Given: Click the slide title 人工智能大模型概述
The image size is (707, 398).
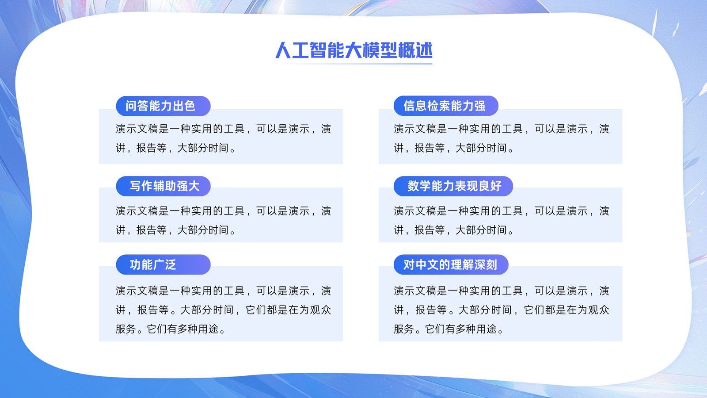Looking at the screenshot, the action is click(x=354, y=50).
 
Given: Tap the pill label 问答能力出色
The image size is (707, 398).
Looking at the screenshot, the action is click(x=163, y=106).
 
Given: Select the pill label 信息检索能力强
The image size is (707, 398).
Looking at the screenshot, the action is click(x=446, y=106).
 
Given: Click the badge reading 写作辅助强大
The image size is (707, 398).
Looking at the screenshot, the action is click(x=163, y=186).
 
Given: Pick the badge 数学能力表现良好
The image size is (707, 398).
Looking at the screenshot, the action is click(x=453, y=186).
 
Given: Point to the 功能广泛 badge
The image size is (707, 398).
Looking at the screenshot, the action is click(x=163, y=265).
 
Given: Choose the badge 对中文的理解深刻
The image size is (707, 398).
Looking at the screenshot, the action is click(x=451, y=265).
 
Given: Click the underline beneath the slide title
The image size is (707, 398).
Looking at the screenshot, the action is click(x=354, y=64).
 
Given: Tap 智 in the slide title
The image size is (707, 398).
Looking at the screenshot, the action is click(x=319, y=50).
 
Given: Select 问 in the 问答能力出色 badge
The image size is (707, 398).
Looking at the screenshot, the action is click(x=131, y=106).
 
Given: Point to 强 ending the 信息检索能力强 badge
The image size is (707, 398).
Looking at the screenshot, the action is click(x=480, y=106).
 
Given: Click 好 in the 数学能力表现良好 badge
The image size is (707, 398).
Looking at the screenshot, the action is click(x=496, y=186).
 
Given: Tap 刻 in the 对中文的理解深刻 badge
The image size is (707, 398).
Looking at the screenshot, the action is click(x=491, y=265).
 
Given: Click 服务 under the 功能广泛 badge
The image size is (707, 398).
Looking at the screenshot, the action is click(x=126, y=329).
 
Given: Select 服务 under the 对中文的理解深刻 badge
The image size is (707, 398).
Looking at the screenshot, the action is click(x=404, y=329).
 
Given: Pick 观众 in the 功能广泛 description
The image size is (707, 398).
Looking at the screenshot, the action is click(x=320, y=310).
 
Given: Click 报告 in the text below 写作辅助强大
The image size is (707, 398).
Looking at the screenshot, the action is click(x=146, y=230).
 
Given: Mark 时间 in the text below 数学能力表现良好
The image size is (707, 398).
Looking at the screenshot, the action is click(x=497, y=230).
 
